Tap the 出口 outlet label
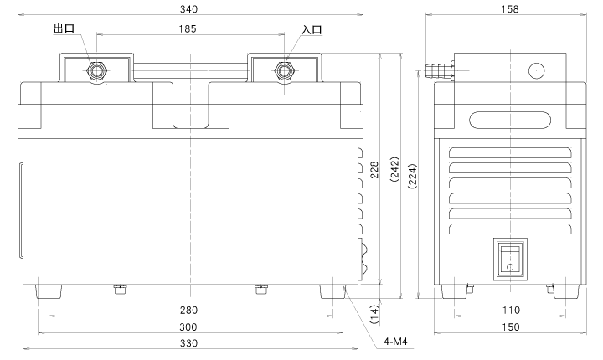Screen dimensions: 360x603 (x=64, y=30)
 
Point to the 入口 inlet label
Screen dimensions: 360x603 (x=312, y=30)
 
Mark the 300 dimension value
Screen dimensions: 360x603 (x=190, y=327)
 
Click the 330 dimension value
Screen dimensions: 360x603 (x=190, y=342)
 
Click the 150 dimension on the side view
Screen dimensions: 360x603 (x=511, y=327)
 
